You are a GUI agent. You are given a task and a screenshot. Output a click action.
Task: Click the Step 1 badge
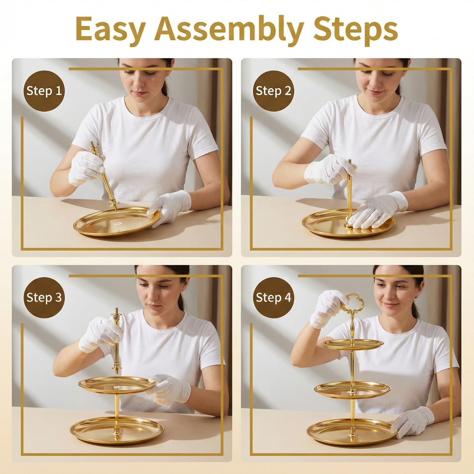[x=44, y=91]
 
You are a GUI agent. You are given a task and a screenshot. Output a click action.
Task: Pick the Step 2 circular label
[x=273, y=91]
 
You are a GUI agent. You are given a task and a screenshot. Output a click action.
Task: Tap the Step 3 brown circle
[x=44, y=297]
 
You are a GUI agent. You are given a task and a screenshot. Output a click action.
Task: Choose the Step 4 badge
[x=273, y=297]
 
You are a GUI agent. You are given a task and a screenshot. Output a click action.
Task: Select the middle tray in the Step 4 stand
[x=353, y=390]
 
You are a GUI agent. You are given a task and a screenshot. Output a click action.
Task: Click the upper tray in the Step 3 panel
[x=117, y=385]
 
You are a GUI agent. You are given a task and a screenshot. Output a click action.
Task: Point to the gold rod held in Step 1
[x=104, y=177]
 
